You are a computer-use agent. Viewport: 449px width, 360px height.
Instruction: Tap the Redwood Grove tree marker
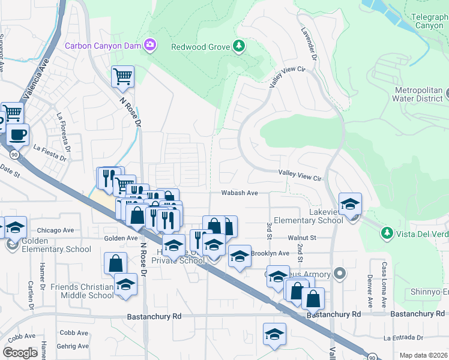[238, 46]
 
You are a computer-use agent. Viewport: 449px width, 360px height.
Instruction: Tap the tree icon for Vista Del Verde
[387, 232]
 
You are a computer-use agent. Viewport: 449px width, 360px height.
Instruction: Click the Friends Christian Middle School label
[82, 291]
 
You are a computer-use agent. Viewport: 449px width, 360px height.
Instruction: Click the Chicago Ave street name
[55, 230]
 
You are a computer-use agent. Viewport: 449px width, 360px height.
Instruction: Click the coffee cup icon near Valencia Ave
[17, 134]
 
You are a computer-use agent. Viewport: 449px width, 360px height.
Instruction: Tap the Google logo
[20, 352]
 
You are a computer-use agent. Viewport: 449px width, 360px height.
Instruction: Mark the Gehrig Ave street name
[73, 346]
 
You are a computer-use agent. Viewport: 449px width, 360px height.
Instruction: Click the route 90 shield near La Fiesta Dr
[14, 154]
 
